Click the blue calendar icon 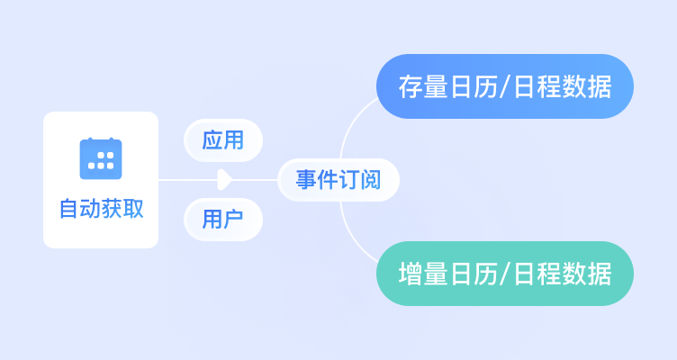(x=101, y=158)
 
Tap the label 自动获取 (x=101, y=209)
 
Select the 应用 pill (x=223, y=140)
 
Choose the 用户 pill (x=223, y=220)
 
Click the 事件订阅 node (x=338, y=180)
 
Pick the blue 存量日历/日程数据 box (x=505, y=86)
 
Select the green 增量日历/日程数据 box (x=505, y=274)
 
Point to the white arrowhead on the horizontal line (x=224, y=180)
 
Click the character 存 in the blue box (x=411, y=86)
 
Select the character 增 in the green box (x=411, y=274)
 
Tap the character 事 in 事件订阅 (x=307, y=180)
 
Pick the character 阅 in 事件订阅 (x=370, y=180)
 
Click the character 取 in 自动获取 (x=133, y=209)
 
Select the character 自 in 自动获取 (x=69, y=209)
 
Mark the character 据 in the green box (x=600, y=274)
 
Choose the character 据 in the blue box (x=600, y=86)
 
